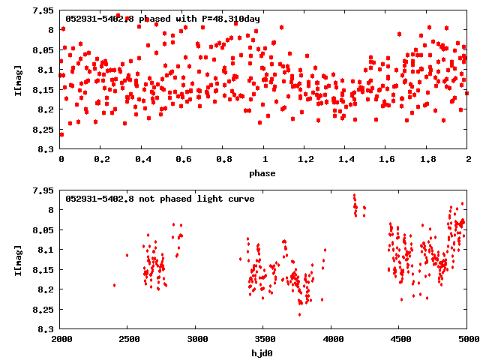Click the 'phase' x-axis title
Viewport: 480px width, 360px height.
264,173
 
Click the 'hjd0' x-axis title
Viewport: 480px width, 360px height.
264,353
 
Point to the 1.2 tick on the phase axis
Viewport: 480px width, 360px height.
305,159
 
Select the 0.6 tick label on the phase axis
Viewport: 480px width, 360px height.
183,159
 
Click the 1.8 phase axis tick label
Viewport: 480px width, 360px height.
427,159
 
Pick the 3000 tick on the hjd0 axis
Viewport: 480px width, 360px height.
196,339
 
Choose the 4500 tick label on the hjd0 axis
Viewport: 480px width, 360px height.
400,339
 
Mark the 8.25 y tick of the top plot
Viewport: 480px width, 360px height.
41,130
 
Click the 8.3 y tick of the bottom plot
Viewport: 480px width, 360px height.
44,329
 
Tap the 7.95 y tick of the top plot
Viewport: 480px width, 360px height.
41,10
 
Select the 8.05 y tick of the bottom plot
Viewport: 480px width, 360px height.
41,229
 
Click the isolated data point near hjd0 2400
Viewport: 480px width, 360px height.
115,285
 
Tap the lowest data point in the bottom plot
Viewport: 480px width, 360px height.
299,314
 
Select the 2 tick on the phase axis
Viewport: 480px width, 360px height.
468,159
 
